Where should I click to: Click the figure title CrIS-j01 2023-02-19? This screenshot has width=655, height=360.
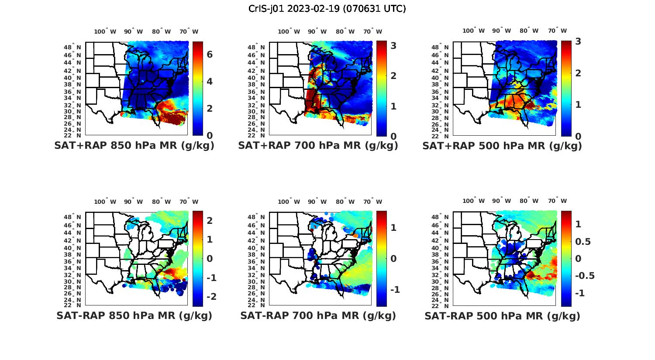[327, 8]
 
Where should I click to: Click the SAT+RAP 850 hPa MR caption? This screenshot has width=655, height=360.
[134, 146]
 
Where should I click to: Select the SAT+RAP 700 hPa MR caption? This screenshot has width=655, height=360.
[318, 146]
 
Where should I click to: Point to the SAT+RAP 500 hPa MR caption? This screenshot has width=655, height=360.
[502, 146]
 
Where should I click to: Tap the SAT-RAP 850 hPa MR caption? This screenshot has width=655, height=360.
[134, 315]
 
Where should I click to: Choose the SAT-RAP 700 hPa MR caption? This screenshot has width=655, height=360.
[318, 315]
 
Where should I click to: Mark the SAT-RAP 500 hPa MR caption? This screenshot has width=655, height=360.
[502, 315]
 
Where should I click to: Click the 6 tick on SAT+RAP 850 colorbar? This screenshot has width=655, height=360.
[210, 55]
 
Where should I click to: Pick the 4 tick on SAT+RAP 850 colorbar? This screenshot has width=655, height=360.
[210, 82]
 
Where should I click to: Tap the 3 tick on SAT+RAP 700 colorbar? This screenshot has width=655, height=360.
[393, 45]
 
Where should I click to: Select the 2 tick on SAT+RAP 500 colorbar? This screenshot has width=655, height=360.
[578, 73]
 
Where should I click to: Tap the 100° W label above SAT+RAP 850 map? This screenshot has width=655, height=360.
[105, 31]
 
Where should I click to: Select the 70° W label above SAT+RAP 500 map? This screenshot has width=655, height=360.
[558, 31]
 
